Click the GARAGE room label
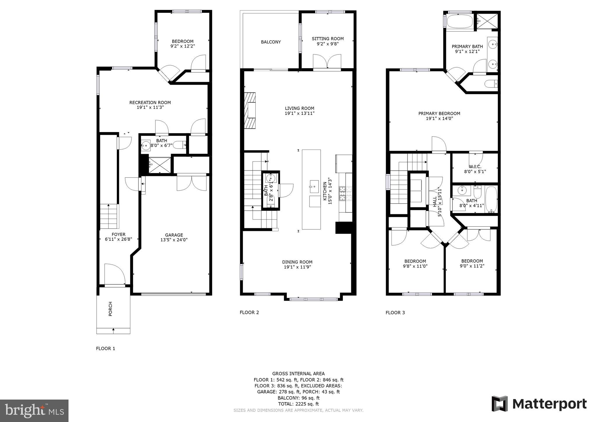click(174, 235)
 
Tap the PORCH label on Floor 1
click(110, 309)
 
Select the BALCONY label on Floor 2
click(271, 42)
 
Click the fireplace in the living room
click(250, 110)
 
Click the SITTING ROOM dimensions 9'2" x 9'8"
click(328, 44)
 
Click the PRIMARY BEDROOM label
click(439, 113)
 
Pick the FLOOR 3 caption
click(395, 313)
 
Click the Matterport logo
click(539, 404)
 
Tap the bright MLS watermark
click(34, 411)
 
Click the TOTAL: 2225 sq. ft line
click(298, 404)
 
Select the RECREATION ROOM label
click(150, 102)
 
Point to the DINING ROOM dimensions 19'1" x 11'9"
click(297, 267)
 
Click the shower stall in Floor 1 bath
click(159, 165)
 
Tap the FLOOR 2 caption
click(249, 312)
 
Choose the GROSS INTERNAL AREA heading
click(298, 374)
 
